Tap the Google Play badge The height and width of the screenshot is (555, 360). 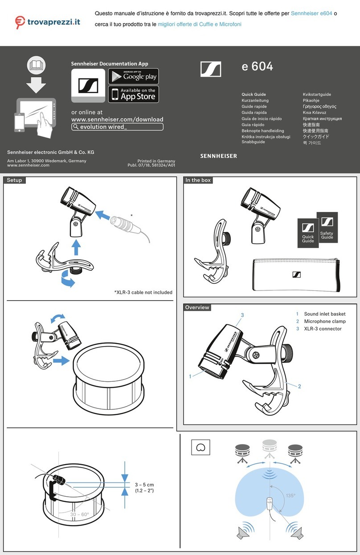133,76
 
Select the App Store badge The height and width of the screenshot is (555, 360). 133,94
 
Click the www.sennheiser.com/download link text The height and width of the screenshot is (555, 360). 117,119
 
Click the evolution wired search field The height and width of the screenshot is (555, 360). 117,127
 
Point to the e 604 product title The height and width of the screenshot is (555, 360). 257,67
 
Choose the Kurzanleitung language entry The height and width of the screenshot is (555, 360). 255,101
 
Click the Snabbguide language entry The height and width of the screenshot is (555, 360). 253,142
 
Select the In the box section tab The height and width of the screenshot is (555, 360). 198,180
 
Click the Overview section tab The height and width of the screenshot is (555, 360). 197,307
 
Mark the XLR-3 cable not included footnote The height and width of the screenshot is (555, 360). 143,292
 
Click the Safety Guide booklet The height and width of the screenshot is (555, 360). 327,228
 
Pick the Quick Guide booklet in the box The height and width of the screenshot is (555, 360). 308,233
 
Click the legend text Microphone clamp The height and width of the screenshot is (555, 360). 324,321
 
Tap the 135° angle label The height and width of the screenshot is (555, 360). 290,496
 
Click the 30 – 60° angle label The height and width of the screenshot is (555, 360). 79,514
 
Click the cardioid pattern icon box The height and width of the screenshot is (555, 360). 200,447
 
